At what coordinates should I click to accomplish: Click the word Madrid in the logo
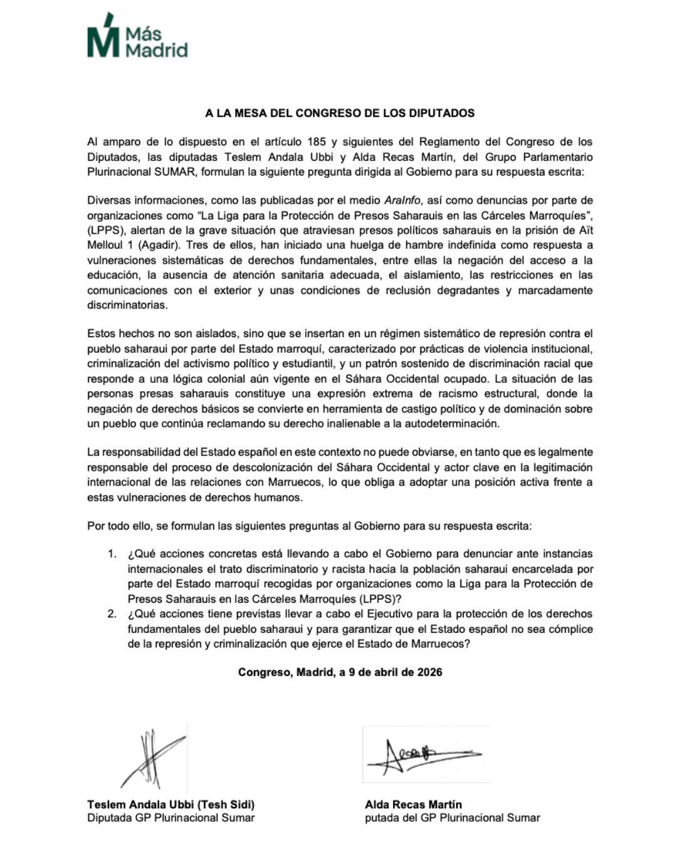[x=156, y=50]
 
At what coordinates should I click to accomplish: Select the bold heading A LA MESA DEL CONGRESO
[x=340, y=113]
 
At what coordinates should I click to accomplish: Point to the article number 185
[x=317, y=142]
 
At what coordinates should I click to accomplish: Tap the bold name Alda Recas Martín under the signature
[x=413, y=805]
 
